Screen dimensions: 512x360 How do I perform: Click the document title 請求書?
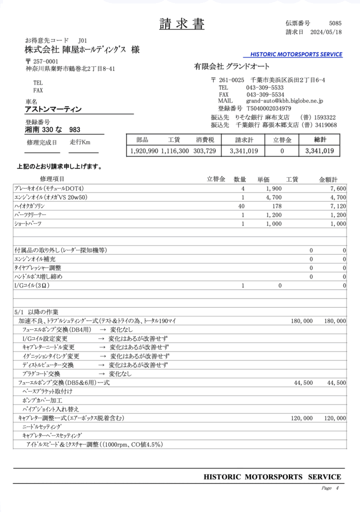(x=182, y=23)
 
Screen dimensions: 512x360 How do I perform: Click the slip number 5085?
(x=335, y=23)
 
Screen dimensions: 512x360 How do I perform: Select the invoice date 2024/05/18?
(x=326, y=32)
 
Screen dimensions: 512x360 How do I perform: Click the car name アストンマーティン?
(x=53, y=109)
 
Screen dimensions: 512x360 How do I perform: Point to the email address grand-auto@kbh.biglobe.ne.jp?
(x=284, y=101)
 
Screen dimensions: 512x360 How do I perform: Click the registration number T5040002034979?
(x=268, y=108)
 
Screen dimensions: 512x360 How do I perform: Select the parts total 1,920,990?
(x=144, y=150)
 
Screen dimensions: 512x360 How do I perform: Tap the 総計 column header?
(x=319, y=140)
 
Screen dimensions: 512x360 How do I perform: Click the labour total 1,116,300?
(x=175, y=150)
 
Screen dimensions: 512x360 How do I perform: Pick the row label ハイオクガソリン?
(x=29, y=206)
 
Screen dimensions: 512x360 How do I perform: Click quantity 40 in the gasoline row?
(x=241, y=206)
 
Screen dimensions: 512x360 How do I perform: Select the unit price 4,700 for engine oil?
(x=274, y=197)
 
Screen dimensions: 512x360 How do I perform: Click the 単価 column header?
(x=263, y=179)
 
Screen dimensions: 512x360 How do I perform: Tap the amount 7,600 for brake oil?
(x=338, y=188)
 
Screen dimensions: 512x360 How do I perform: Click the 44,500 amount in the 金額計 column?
(x=336, y=382)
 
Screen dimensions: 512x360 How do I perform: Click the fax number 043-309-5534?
(x=265, y=94)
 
